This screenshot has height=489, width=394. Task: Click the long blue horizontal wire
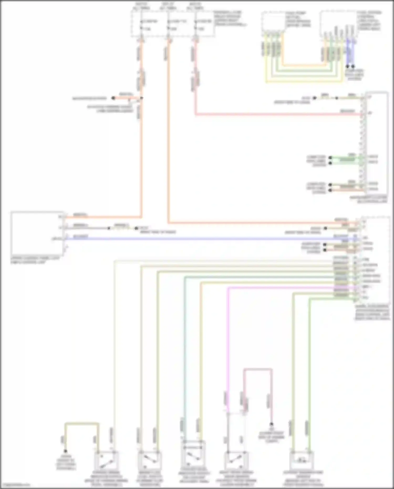210,239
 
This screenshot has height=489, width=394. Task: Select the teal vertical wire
184,342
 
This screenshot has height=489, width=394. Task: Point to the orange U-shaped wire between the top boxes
302,65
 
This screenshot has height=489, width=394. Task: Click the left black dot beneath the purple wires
348,66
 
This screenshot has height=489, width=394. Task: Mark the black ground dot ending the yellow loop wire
65,451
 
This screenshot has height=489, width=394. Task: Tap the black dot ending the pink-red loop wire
272,424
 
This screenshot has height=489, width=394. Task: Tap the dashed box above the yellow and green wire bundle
273,22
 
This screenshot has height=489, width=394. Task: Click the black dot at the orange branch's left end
113,98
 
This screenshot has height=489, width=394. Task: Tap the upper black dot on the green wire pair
330,158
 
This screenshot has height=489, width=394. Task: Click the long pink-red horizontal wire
276,114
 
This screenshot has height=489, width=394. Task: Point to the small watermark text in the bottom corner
16,485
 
